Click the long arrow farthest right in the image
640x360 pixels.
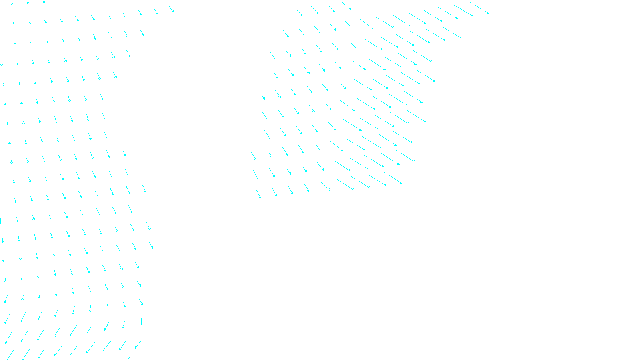click(479, 8)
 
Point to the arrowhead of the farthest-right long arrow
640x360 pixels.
click(488, 14)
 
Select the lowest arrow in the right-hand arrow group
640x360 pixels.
click(258, 194)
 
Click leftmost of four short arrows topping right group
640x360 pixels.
click(299, 12)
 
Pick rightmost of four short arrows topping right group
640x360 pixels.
click(346, 6)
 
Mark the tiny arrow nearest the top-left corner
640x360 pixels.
click(12, 4)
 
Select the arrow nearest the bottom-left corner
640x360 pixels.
click(10, 355)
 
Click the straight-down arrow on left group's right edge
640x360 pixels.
click(141, 321)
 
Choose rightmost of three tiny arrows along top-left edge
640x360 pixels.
click(44, 2)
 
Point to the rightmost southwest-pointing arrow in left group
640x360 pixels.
click(139, 342)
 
